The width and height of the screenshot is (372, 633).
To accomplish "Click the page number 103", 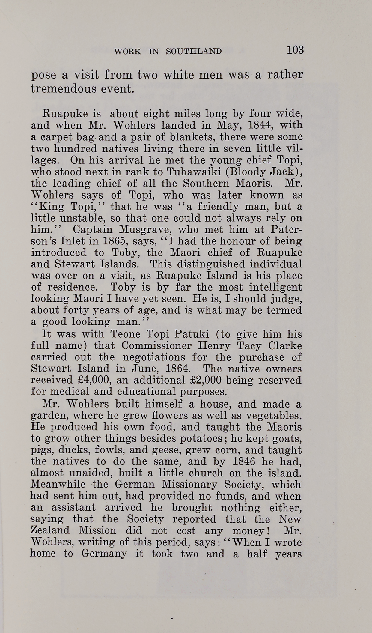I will point(295,50).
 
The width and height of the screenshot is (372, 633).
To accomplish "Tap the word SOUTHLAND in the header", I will point(194,51).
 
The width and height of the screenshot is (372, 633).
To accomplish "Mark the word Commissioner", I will point(156,345).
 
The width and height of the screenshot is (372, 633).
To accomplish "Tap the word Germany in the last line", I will point(104,553).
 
